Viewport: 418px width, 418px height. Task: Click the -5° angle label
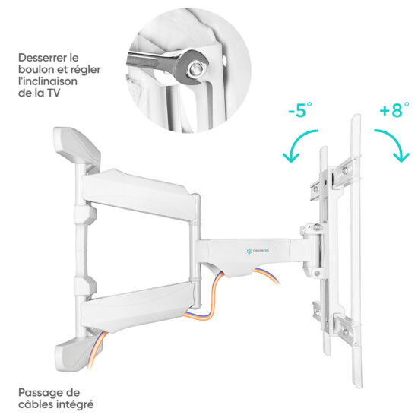coord(300,109)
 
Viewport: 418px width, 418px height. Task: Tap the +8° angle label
coord(394,109)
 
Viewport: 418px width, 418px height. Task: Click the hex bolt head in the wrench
coord(196,68)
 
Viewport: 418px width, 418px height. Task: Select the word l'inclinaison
coord(48,81)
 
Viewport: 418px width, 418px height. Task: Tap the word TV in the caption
coord(54,93)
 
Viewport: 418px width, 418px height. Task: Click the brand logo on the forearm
coord(258,251)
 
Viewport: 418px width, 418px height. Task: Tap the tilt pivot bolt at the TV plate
coord(317,227)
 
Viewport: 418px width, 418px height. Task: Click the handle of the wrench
coord(149,61)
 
